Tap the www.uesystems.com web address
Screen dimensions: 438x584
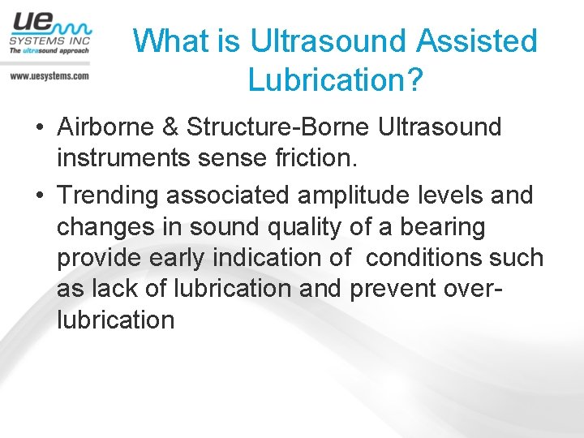click(x=49, y=75)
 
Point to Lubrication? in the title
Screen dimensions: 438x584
click(x=335, y=79)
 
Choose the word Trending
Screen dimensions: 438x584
click(x=109, y=195)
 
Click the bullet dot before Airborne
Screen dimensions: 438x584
click(x=38, y=127)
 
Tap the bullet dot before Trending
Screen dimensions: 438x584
click(x=38, y=196)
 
